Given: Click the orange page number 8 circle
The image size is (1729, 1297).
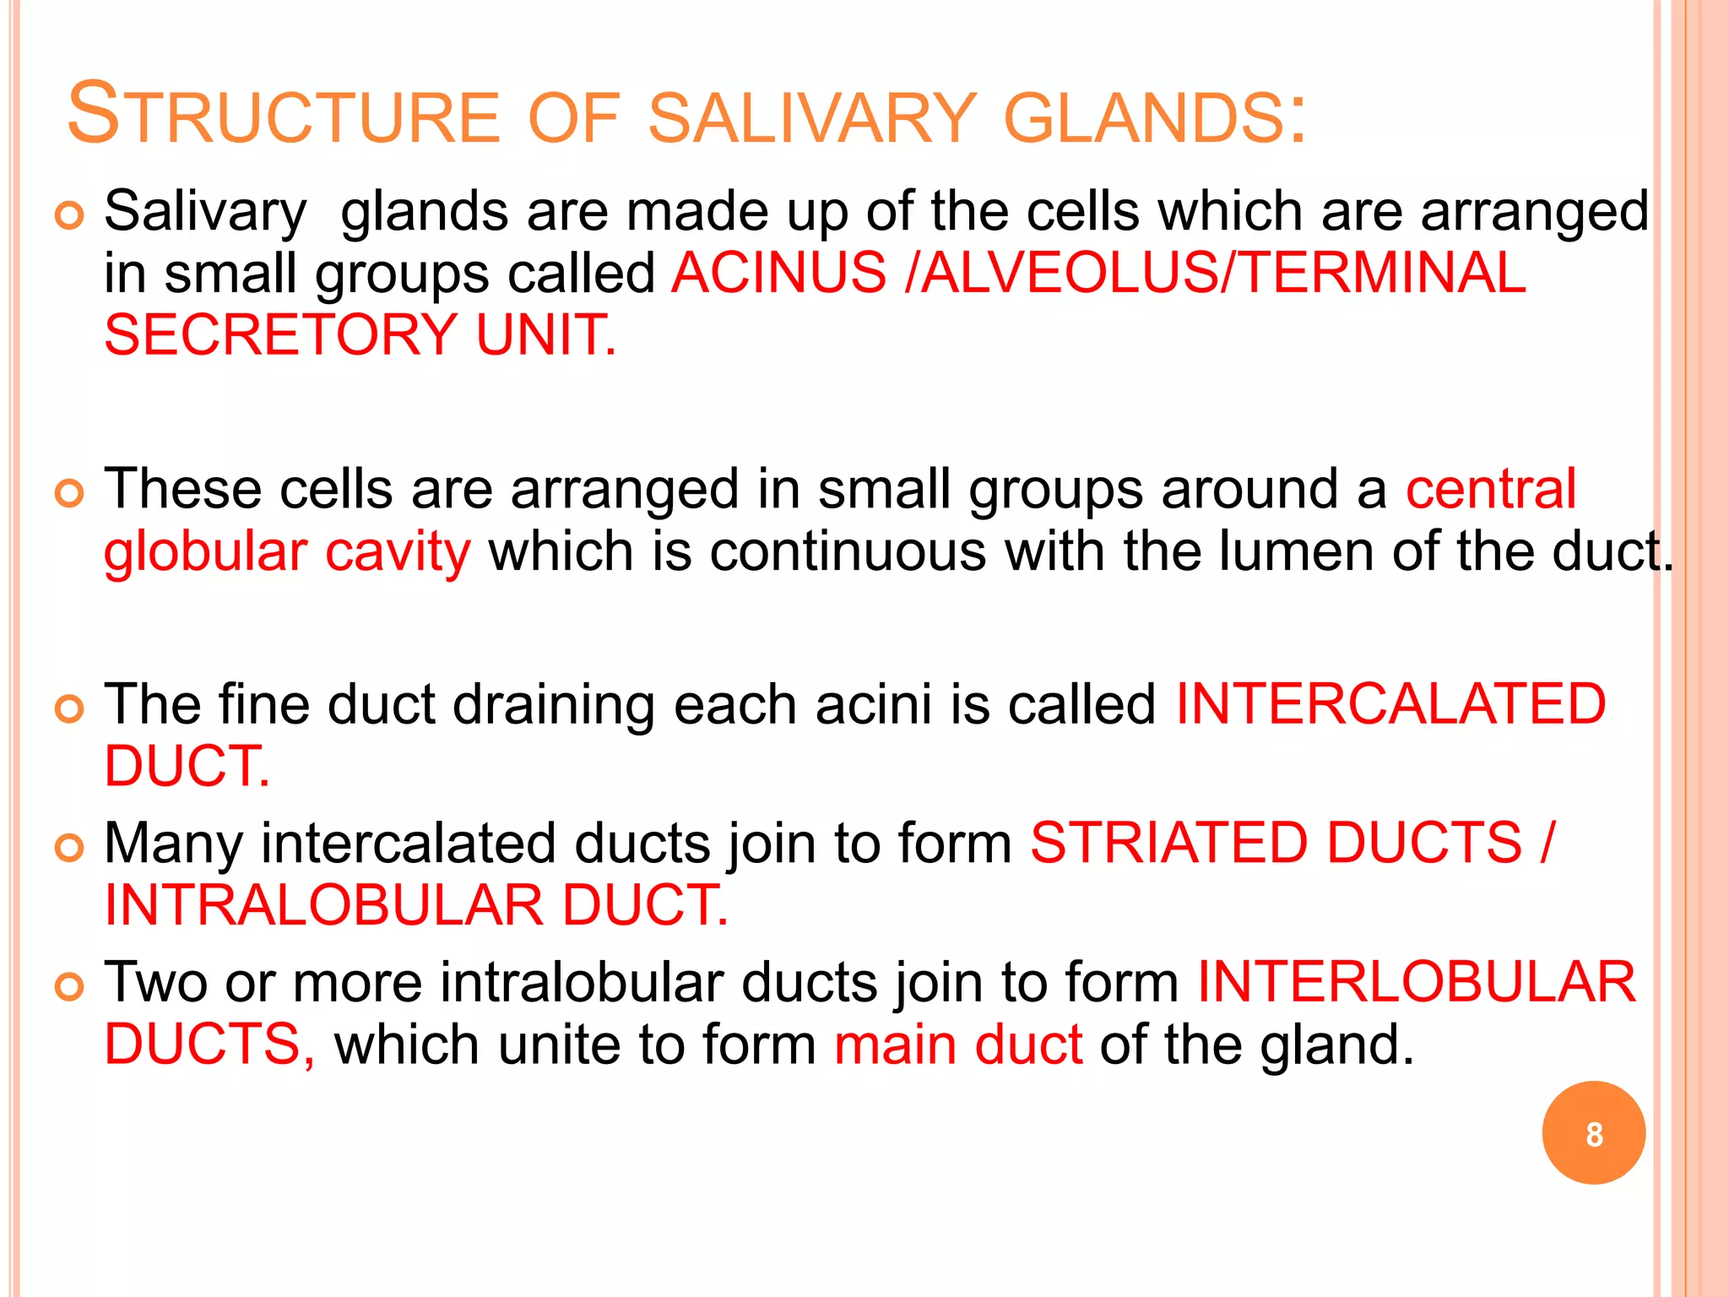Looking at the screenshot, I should click(1593, 1133).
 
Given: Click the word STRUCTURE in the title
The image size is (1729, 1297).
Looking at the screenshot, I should click(284, 115).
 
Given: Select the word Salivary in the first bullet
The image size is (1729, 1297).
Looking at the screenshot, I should click(205, 211).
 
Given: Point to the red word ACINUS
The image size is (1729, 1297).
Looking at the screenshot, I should click(778, 273).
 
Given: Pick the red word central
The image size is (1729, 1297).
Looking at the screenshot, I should click(1490, 489).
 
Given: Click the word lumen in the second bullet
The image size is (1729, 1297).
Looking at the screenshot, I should click(1296, 551).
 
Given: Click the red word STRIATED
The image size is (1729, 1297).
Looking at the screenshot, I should click(1169, 843).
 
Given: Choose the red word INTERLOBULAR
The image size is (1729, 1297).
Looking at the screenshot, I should click(1417, 982).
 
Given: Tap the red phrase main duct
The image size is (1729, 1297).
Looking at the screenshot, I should click(958, 1045).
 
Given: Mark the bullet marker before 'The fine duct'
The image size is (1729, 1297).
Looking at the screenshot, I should click(69, 708).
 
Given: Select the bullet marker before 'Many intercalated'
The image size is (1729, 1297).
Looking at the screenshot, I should click(69, 847).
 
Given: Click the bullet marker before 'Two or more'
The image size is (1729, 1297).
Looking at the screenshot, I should click(69, 986).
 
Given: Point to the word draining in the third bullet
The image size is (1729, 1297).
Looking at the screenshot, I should click(553, 706).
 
